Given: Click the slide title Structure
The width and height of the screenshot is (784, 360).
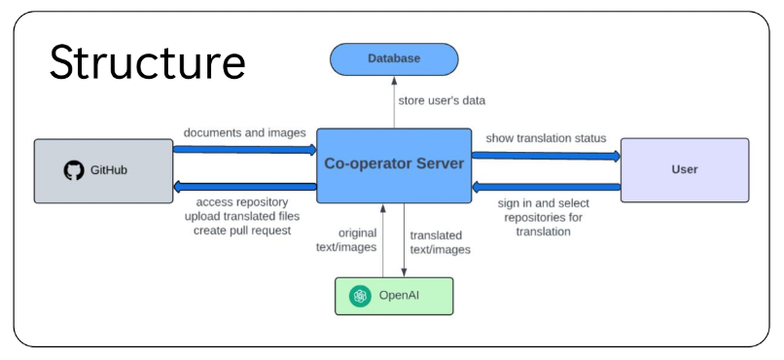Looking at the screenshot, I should click(148, 61).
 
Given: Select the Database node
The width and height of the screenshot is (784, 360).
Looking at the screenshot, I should click(393, 59).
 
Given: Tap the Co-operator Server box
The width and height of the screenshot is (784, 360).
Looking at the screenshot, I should click(394, 164).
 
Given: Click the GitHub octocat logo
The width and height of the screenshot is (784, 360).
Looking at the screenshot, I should click(74, 170).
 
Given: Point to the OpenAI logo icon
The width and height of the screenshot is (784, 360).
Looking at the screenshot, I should click(361, 296).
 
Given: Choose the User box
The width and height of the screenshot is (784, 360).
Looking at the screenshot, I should click(684, 169).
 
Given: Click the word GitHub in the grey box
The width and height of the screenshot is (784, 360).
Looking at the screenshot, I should click(109, 170).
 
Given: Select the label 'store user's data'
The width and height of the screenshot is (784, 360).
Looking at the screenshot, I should click(441, 100).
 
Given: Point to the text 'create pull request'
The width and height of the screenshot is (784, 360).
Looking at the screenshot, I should click(238, 229).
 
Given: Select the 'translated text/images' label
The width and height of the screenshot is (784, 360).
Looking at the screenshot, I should click(439, 242).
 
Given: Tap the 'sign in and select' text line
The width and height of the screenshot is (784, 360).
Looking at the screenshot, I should click(545, 203).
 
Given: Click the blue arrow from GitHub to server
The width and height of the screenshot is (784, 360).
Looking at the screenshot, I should click(245, 150).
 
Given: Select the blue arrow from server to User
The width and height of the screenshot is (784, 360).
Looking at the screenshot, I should click(546, 154).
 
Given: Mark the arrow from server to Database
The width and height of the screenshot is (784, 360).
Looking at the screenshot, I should click(394, 103).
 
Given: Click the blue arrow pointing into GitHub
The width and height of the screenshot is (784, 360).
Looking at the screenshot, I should click(245, 188).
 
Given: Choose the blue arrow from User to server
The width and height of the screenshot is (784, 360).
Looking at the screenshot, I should click(546, 187).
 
